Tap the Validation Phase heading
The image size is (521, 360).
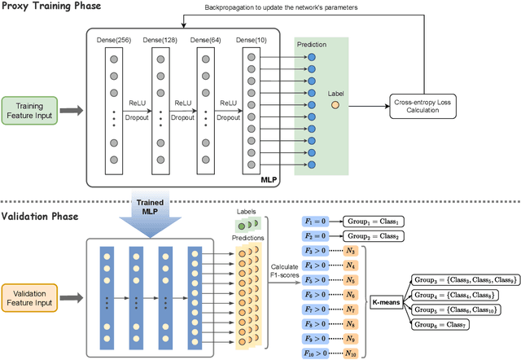(41, 217)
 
